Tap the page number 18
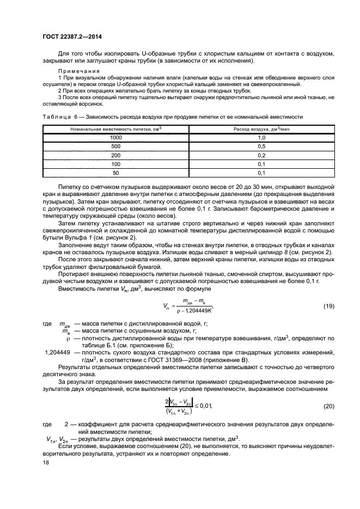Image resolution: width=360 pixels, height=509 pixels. (x=45, y=462)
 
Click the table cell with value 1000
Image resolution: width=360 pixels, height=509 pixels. (x=115, y=138)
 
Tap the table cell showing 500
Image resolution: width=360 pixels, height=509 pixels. (x=115, y=146)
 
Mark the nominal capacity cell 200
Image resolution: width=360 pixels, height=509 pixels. (x=115, y=155)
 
